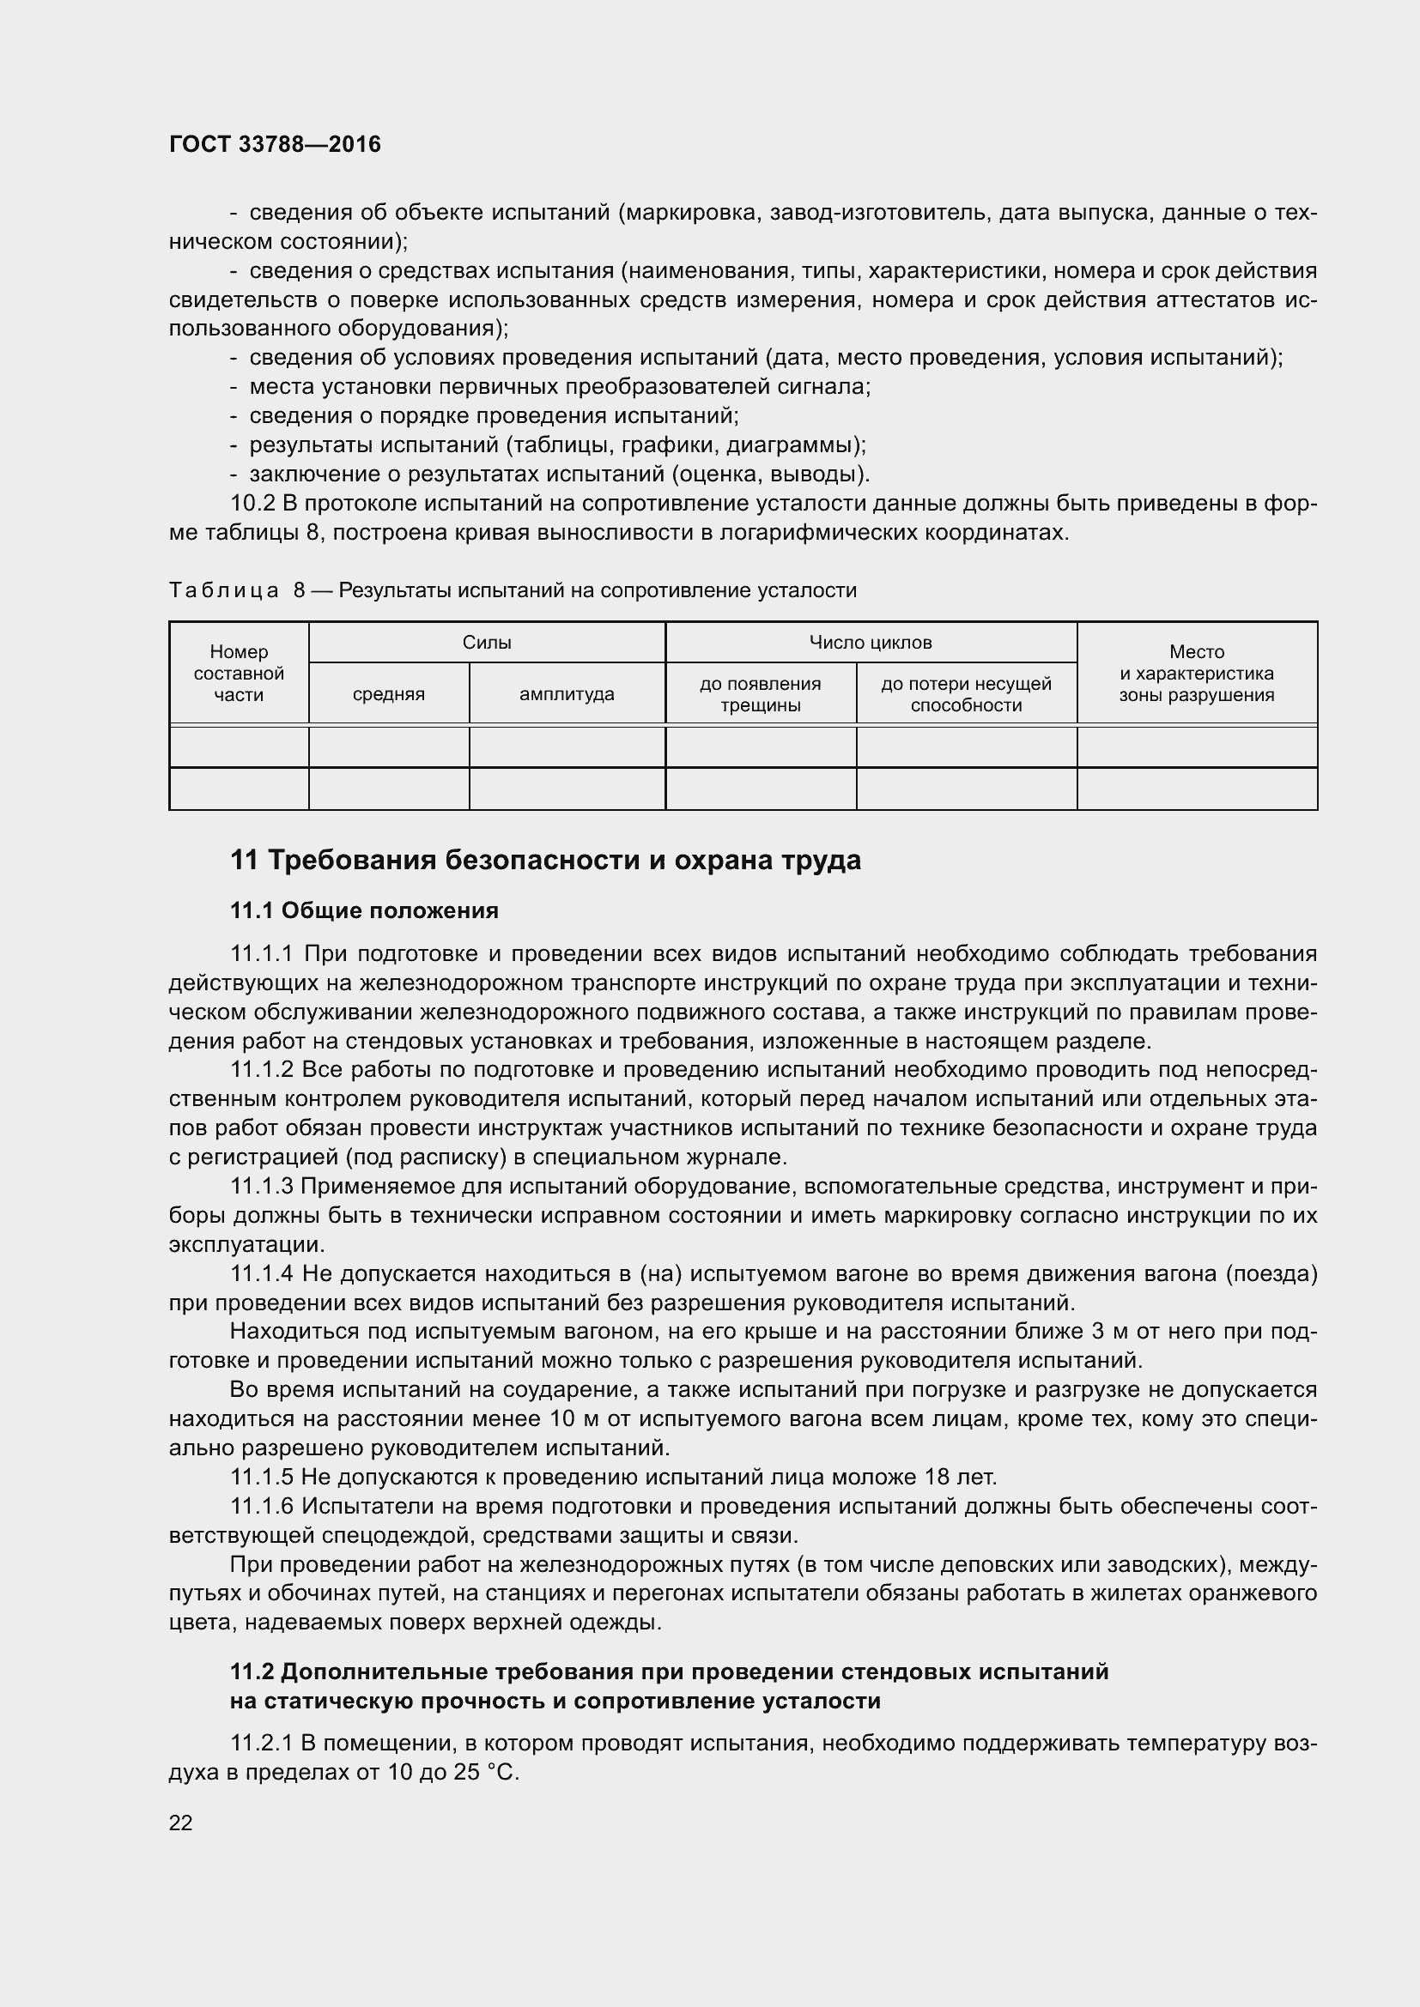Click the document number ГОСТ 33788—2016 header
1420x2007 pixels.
point(275,144)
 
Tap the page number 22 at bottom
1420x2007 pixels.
point(180,1823)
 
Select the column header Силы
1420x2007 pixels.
point(486,643)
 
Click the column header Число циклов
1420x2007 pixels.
point(870,643)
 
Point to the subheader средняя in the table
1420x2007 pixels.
point(388,694)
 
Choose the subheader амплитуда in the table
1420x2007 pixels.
point(567,694)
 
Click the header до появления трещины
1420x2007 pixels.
point(760,694)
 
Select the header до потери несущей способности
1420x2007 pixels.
point(965,694)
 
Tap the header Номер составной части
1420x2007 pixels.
point(239,673)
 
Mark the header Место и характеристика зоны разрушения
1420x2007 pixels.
point(1196,673)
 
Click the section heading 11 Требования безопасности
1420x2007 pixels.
point(545,860)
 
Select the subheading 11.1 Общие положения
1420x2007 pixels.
point(364,911)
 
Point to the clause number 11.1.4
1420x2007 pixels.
point(263,1273)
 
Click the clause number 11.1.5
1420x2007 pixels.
point(263,1478)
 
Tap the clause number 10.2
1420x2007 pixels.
point(252,504)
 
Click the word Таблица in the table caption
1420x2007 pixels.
point(223,591)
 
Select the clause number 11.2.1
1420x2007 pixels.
point(263,1744)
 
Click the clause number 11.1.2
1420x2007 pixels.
point(263,1070)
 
